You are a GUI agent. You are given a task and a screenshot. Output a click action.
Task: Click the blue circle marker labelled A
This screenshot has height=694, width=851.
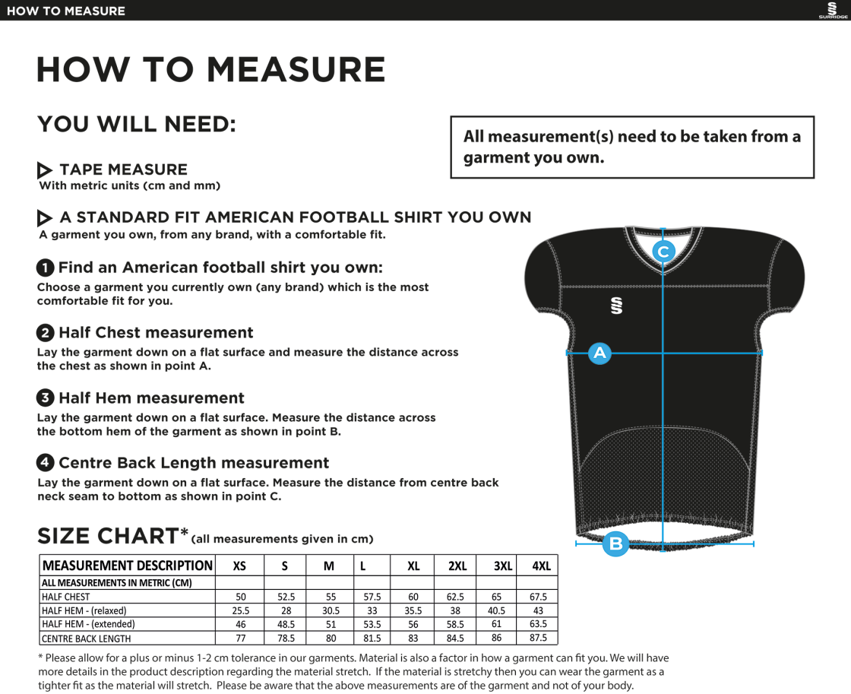[599, 353]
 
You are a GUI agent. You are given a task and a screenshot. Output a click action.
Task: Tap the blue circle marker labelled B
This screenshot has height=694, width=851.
[615, 543]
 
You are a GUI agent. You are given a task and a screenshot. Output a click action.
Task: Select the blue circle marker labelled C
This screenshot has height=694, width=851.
[663, 251]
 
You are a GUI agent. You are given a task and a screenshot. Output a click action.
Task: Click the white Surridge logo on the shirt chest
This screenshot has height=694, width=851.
[616, 305]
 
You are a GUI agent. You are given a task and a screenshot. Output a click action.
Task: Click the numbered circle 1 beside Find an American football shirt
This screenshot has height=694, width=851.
[46, 268]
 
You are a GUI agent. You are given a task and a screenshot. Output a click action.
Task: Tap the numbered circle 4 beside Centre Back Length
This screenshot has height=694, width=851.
[46, 463]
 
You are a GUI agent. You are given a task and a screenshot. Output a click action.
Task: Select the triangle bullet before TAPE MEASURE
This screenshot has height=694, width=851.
[45, 170]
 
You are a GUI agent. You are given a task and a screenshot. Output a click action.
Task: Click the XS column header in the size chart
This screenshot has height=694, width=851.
[239, 566]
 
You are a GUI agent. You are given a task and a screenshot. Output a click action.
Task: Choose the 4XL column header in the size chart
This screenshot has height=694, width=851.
[541, 566]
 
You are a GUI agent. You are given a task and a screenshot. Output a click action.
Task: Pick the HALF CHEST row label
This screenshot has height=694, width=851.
[66, 597]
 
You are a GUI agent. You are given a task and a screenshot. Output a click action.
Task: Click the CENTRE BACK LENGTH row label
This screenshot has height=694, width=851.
[86, 639]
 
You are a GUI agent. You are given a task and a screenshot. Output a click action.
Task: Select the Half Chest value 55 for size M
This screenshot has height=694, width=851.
[331, 597]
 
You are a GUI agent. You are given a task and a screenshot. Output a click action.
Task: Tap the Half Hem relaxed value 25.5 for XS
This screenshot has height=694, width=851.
[240, 610]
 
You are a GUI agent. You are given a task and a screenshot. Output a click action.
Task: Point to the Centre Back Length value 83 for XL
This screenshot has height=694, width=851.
[413, 639]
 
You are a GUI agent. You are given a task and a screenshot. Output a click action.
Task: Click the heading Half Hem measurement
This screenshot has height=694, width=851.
[151, 398]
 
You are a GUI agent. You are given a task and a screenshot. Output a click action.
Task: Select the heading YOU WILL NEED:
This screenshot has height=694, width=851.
[137, 125]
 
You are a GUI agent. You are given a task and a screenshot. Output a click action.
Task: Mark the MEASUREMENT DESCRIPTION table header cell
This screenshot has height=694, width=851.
[127, 566]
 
